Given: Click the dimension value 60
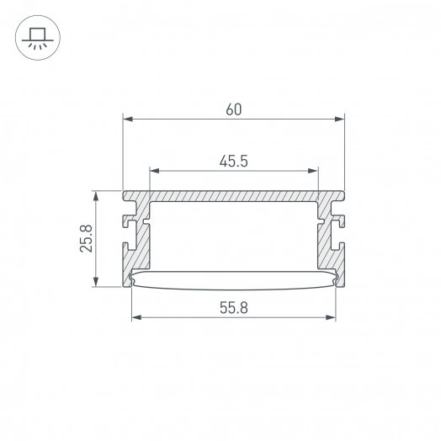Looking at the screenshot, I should pos(234,108).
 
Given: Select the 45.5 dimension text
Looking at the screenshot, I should pos(234,160).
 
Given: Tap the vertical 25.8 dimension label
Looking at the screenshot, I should pos(81,239).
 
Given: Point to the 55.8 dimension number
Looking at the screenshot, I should pos(233,307).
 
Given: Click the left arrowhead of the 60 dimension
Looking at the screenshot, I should pos(127,119).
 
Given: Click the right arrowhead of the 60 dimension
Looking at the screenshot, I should pos(341,119).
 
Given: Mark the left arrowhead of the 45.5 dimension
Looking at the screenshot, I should pos(154,171).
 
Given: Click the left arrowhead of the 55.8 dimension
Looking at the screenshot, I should pos(136,318).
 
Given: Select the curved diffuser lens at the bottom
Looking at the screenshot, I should pos(233,280).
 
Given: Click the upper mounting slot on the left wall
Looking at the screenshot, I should pos(130,222).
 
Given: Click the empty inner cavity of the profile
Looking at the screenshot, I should pos(234,236).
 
